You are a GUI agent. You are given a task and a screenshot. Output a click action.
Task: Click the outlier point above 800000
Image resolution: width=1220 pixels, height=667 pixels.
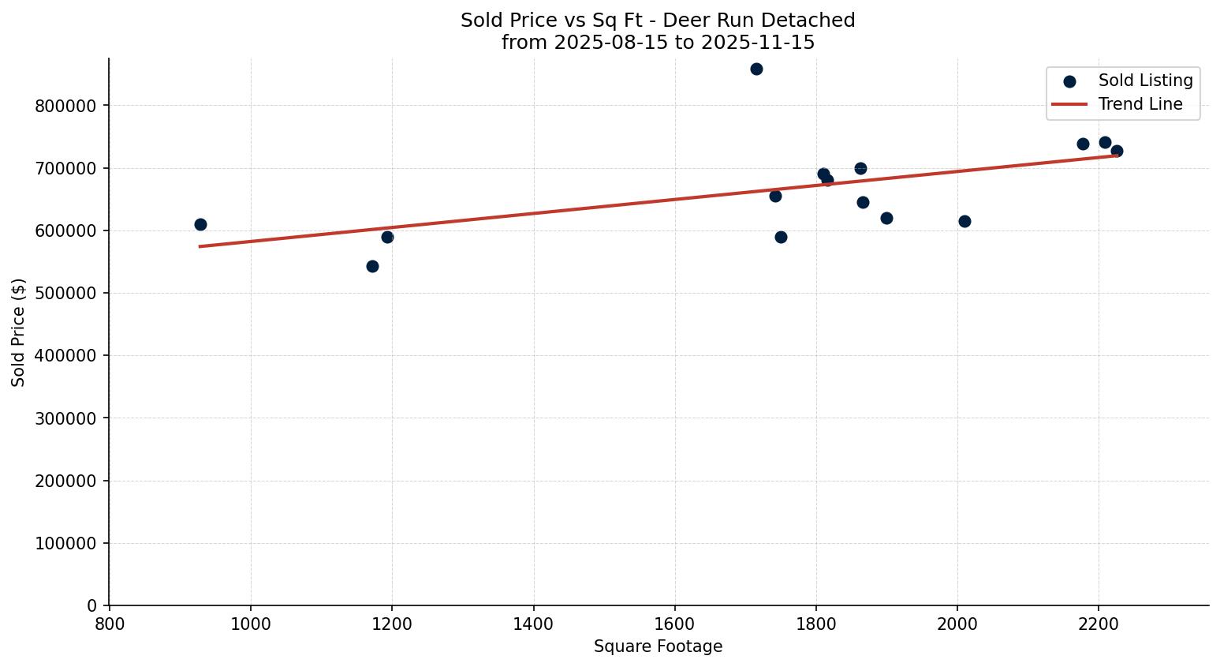tap(756, 69)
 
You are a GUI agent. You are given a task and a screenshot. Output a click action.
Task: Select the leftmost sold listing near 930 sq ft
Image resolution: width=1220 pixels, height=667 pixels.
tap(200, 224)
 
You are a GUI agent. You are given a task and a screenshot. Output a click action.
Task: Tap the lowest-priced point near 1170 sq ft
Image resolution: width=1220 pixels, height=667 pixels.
tap(372, 266)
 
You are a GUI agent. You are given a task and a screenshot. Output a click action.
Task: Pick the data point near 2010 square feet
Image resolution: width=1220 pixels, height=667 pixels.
tap(964, 221)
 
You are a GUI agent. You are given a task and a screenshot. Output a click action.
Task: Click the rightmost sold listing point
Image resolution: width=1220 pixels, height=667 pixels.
tap(1117, 151)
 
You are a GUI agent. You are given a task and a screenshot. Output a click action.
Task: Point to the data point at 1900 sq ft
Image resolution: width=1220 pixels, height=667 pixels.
tap(886, 218)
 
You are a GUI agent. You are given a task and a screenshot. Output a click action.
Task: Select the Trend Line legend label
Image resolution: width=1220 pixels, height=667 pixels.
tap(1140, 104)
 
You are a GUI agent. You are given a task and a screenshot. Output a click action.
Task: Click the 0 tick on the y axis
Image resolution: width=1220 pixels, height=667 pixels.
tap(92, 605)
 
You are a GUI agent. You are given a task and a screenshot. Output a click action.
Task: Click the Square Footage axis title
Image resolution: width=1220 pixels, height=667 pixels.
tap(658, 646)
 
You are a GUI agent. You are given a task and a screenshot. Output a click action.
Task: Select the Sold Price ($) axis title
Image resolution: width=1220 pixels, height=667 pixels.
tap(19, 332)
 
